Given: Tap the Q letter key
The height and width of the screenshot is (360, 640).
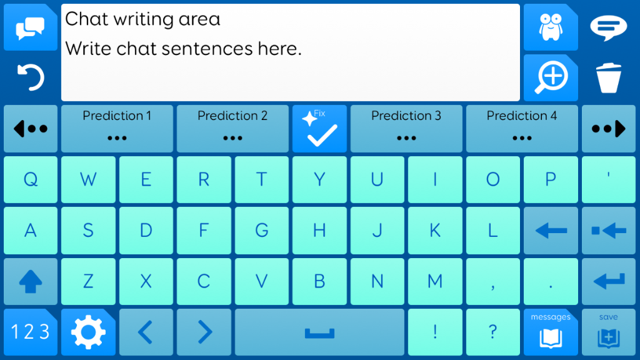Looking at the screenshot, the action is pyautogui.click(x=31, y=179).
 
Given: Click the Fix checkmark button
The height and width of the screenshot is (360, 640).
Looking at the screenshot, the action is pyautogui.click(x=319, y=129).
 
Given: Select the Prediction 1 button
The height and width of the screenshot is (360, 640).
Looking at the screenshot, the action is pyautogui.click(x=117, y=129).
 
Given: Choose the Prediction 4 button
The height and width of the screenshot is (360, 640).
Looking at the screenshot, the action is pyautogui.click(x=522, y=129).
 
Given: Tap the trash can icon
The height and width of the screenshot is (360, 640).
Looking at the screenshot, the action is pyautogui.click(x=609, y=78).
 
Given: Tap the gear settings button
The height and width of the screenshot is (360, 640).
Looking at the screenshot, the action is pyautogui.click(x=88, y=332).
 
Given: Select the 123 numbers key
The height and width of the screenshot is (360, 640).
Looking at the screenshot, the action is pyautogui.click(x=31, y=332).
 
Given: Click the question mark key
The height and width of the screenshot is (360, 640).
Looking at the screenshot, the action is pyautogui.click(x=493, y=332).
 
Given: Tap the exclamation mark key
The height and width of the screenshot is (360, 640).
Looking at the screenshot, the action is pyautogui.click(x=435, y=332).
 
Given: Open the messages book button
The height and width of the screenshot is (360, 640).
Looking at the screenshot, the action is pyautogui.click(x=551, y=332).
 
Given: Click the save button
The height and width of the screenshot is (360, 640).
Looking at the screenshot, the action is pyautogui.click(x=609, y=332).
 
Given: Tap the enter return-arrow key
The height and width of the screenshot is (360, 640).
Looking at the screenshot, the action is pyautogui.click(x=609, y=281).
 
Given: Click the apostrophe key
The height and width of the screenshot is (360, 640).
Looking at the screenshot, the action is pyautogui.click(x=609, y=179).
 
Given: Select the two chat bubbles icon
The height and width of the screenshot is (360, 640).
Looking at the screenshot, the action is pyautogui.click(x=30, y=28).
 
